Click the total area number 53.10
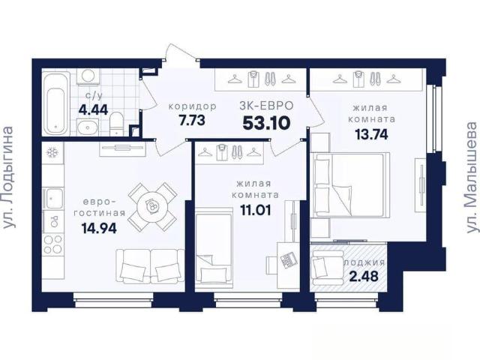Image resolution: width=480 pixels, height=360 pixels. coord(266,123)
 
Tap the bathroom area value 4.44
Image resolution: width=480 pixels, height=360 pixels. coord(93,109)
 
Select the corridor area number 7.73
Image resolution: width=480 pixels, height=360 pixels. coord(192,120)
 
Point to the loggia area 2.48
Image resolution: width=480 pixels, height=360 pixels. coord(364,277)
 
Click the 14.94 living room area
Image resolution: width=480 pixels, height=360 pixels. coord(99,228)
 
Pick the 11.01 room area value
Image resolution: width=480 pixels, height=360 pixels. coord(256,210)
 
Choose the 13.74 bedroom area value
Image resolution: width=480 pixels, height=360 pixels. coord(371,134)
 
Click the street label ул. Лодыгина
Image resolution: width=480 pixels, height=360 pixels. coord(8,178)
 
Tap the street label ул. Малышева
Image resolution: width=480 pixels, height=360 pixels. coord(472,178)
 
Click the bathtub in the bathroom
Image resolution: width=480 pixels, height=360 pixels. coord(56,103)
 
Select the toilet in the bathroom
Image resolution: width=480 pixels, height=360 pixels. coord(116,123)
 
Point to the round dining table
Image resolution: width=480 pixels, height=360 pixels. coord(152,207)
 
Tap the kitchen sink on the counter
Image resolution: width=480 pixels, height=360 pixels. coord(54,198)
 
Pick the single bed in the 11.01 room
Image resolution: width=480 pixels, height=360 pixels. coord(214,249)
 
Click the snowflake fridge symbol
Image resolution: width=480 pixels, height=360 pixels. coord(52,152)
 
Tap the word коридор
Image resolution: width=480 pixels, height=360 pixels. coord(193,106)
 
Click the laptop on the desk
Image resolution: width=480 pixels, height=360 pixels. coord(288,260)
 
